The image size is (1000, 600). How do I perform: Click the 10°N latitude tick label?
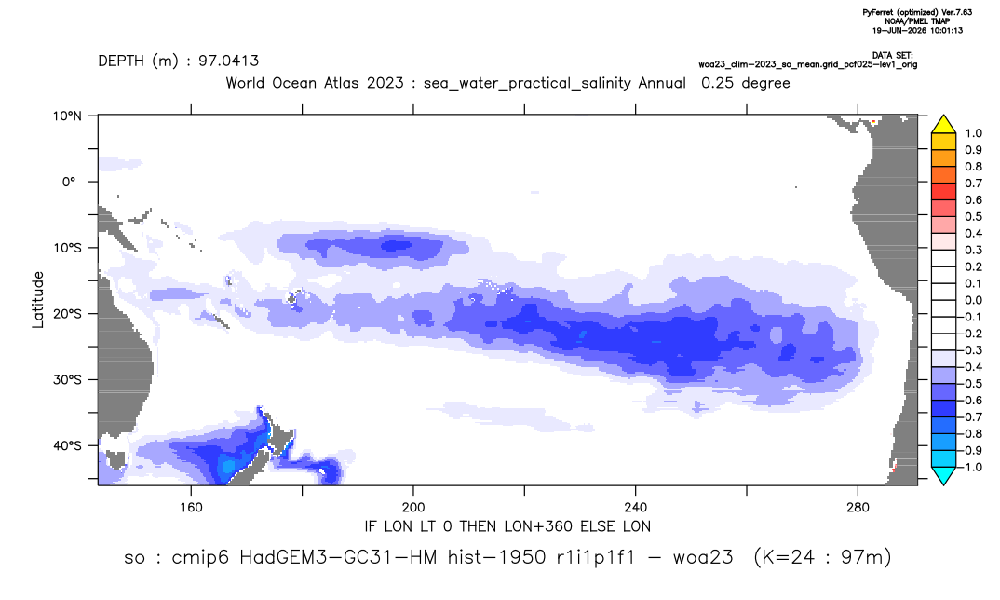click(67, 116)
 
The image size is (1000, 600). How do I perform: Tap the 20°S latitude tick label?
click(67, 313)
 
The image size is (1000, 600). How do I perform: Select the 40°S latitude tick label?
click(67, 445)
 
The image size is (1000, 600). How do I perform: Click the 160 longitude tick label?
click(191, 508)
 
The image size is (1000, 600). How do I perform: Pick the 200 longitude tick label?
click(413, 508)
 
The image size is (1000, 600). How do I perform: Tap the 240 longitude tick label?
click(636, 508)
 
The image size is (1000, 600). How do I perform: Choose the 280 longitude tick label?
click(858, 508)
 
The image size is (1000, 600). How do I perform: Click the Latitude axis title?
click(38, 300)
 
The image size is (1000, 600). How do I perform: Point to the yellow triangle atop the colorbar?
click(943, 125)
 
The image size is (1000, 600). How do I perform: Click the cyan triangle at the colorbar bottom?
click(943, 475)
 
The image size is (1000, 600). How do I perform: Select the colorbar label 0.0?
click(973, 300)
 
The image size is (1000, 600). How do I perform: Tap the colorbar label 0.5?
click(973, 217)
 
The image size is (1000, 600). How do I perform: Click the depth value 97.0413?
click(228, 61)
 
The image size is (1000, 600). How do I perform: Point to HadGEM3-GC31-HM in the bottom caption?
click(338, 557)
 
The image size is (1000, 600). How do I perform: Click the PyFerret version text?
click(917, 12)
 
